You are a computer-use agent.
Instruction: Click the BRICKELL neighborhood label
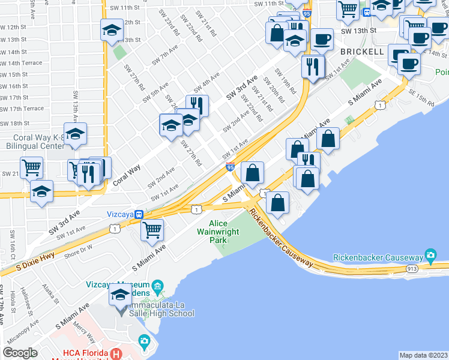tap(362, 52)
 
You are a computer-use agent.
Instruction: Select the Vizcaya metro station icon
tap(139, 214)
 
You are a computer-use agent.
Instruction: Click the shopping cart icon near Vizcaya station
tap(152, 229)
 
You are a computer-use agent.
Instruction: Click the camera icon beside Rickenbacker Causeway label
tap(430, 256)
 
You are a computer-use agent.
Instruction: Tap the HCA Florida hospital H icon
tap(117, 354)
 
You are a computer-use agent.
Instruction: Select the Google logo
tap(20, 352)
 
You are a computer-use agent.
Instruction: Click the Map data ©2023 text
tap(423, 355)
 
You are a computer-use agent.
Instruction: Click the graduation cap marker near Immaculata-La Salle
tap(121, 295)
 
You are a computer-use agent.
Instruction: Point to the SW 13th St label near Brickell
tap(358, 31)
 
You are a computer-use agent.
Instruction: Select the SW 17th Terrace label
tap(22, 109)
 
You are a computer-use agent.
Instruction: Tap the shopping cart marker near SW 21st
tap(31, 168)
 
